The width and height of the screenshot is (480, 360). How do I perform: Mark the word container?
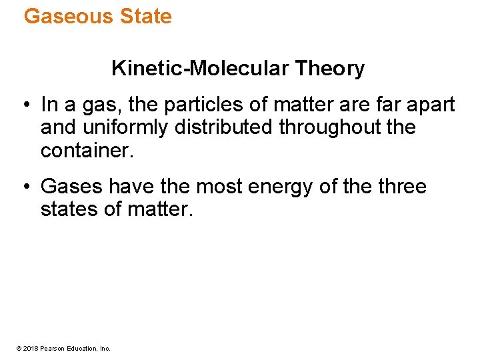click(87, 149)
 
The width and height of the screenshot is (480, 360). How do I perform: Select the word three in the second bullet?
click(400, 187)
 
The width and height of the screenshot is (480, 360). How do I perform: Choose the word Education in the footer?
click(81, 348)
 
